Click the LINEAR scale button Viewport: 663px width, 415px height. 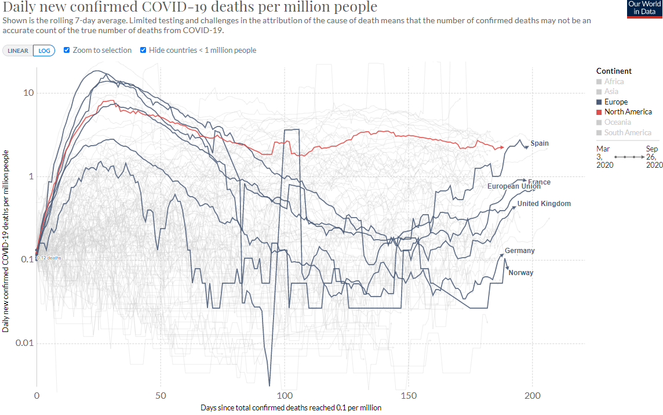click(x=18, y=50)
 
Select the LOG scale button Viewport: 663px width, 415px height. click(x=44, y=50)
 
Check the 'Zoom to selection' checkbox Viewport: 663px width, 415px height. click(x=67, y=50)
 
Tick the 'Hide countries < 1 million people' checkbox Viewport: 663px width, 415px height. click(x=143, y=50)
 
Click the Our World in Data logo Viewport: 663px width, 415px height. click(x=644, y=9)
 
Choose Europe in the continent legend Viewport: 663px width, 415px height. click(x=615, y=102)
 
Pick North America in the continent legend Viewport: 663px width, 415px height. click(x=628, y=111)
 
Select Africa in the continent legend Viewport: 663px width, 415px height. click(x=614, y=81)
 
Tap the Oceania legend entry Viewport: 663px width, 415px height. click(x=617, y=122)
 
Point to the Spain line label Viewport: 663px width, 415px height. click(x=540, y=143)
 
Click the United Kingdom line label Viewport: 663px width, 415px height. click(x=544, y=204)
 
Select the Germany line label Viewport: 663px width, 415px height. click(x=519, y=251)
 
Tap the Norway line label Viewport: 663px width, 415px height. click(x=520, y=273)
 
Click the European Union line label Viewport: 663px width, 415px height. click(x=513, y=186)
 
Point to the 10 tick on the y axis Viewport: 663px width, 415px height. click(x=28, y=93)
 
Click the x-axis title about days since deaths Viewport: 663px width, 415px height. click(x=291, y=407)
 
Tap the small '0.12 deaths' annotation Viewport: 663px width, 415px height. click(x=49, y=258)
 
